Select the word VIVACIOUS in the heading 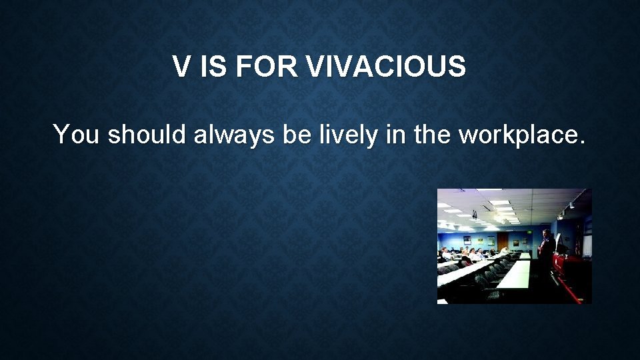point(387,67)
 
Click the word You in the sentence point(77,135)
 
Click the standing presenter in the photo point(546,247)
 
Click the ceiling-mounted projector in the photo point(474,215)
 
